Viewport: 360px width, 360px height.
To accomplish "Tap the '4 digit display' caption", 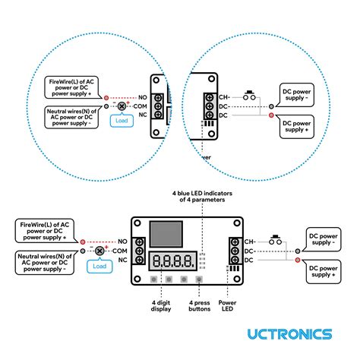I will (159, 305).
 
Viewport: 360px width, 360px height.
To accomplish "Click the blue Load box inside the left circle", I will (120, 121).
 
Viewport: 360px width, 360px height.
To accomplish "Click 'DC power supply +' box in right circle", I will (305, 126).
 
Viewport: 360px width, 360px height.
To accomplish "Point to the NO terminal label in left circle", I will (141, 97).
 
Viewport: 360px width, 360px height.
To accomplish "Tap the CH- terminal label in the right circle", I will (223, 97).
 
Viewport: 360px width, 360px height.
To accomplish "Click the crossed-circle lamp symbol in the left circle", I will (119, 106).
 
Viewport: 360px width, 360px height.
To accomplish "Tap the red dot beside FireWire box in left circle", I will (106, 97).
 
